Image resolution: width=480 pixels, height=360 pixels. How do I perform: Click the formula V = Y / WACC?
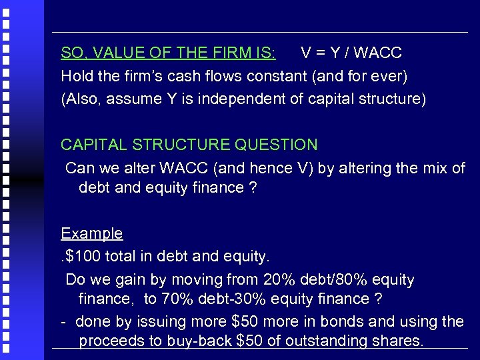pos(351,53)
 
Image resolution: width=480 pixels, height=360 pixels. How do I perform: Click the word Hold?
pos(75,75)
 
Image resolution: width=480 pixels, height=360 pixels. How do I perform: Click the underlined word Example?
pos(92,233)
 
